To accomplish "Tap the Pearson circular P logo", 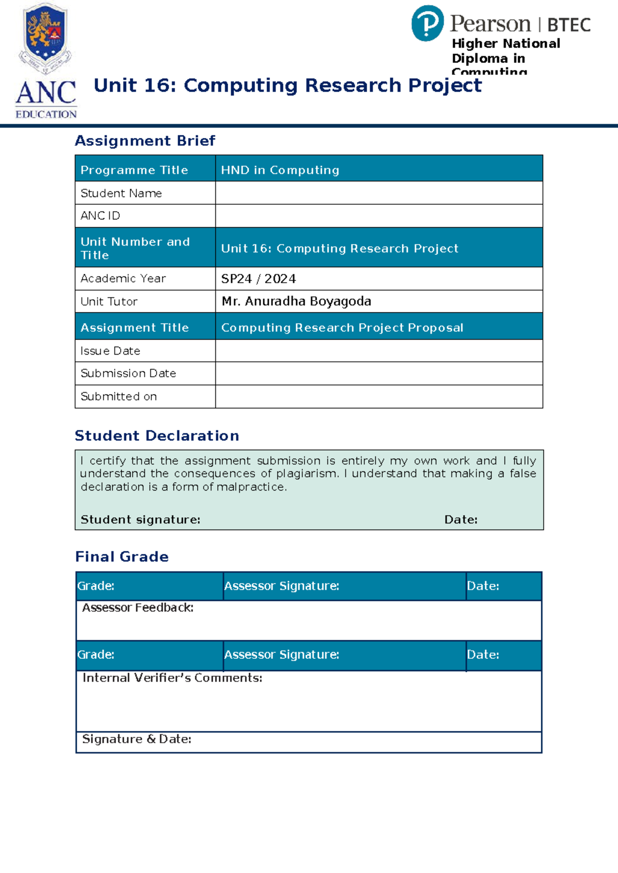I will click(427, 23).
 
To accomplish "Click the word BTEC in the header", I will click(569, 25).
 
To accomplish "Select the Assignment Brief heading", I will click(145, 141).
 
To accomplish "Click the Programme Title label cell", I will click(134, 170).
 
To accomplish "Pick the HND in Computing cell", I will click(280, 170).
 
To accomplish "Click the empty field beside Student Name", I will click(379, 193).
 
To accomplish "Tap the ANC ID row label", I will click(100, 216).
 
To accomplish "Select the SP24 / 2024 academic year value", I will click(259, 278).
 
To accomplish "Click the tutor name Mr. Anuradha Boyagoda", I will click(296, 301).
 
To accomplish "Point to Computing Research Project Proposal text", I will click(342, 327).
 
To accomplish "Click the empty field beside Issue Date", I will click(379, 351).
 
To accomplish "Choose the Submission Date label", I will click(128, 373).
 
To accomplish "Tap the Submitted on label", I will click(118, 396).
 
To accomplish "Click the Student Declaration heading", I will click(157, 435).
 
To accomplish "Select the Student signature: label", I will click(140, 519).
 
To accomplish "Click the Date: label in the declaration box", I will click(460, 519).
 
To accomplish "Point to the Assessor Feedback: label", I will click(138, 607).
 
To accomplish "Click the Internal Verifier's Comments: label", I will click(172, 678).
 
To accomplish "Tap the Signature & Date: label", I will click(136, 739).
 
